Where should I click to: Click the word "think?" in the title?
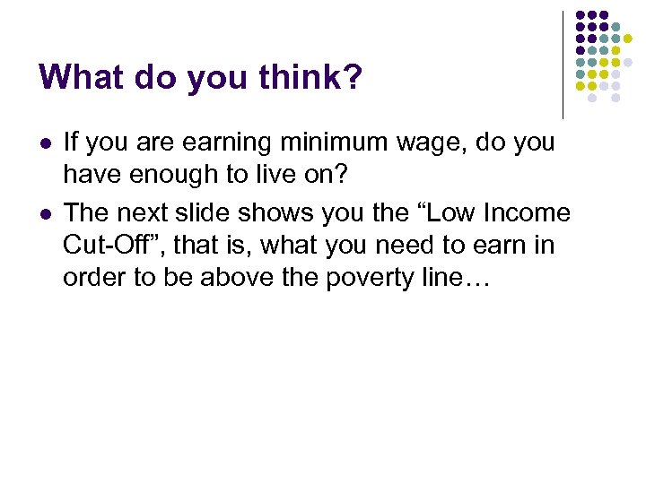click(307, 78)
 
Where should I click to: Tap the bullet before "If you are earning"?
click(44, 143)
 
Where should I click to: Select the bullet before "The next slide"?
click(44, 214)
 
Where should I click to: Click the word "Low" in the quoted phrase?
click(448, 213)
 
